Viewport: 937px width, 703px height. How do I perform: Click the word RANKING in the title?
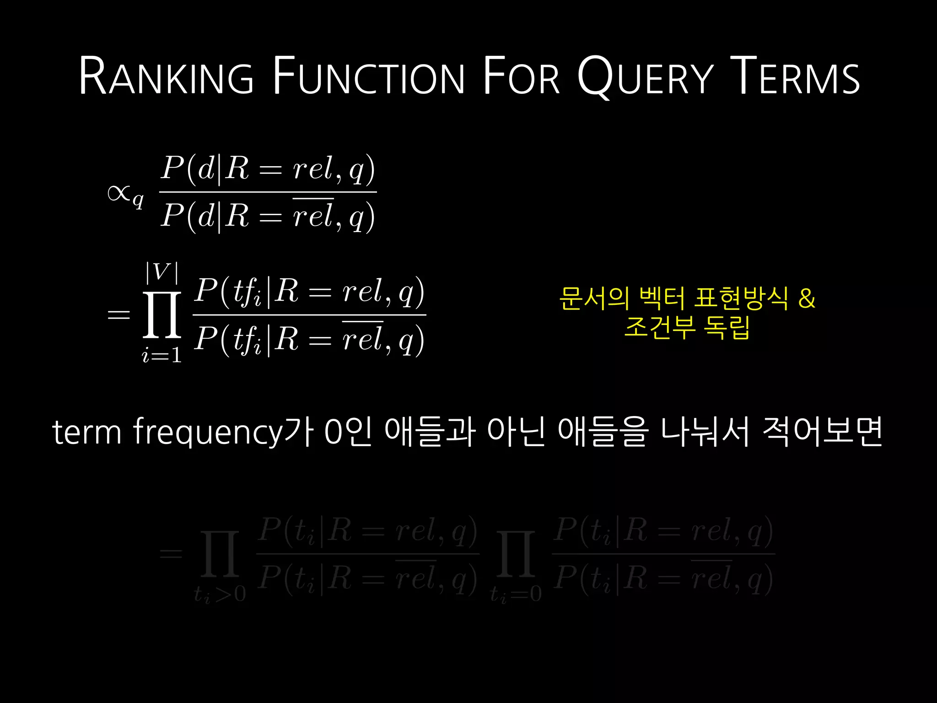click(166, 76)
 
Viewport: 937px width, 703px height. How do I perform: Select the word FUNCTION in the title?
click(369, 76)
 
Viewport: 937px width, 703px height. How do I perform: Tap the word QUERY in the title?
click(645, 76)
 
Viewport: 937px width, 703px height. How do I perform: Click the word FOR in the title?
click(521, 76)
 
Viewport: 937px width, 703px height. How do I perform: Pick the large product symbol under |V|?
click(162, 315)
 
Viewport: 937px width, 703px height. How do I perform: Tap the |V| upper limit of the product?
click(162, 272)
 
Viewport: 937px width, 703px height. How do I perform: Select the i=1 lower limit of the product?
click(162, 355)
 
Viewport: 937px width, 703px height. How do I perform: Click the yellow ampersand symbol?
click(807, 298)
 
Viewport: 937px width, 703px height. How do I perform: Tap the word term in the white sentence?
click(87, 432)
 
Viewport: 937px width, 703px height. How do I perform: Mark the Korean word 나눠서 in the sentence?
click(705, 432)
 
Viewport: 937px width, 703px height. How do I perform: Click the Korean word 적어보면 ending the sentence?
click(822, 432)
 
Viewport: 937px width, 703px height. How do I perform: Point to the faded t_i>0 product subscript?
click(220, 594)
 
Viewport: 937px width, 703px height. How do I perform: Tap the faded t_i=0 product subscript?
click(516, 594)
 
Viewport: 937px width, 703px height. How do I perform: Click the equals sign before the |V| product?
click(118, 315)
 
